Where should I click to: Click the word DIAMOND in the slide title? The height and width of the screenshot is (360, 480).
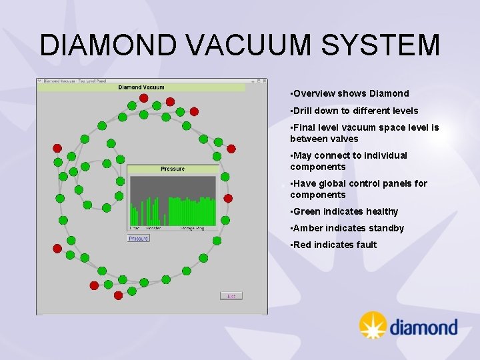[x=108, y=45]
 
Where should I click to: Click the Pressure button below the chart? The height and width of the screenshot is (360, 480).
[x=139, y=238]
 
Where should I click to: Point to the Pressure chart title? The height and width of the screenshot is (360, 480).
[x=173, y=169]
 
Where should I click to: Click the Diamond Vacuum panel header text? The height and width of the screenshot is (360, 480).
[x=141, y=87]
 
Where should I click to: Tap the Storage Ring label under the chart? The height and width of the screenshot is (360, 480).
[x=193, y=228]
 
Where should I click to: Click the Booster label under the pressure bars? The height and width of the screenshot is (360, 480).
[x=153, y=228]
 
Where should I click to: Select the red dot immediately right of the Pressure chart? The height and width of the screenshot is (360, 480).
[x=228, y=198]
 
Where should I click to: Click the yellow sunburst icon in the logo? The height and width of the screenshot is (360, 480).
[x=373, y=325]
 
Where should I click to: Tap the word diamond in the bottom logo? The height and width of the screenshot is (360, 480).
[x=423, y=327]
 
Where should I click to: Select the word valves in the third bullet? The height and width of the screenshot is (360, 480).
[x=345, y=139]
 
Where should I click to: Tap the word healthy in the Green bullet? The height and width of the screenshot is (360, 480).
[x=381, y=211]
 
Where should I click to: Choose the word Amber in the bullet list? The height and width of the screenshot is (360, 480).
[x=307, y=228]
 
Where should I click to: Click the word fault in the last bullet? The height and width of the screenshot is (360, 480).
[x=366, y=245]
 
